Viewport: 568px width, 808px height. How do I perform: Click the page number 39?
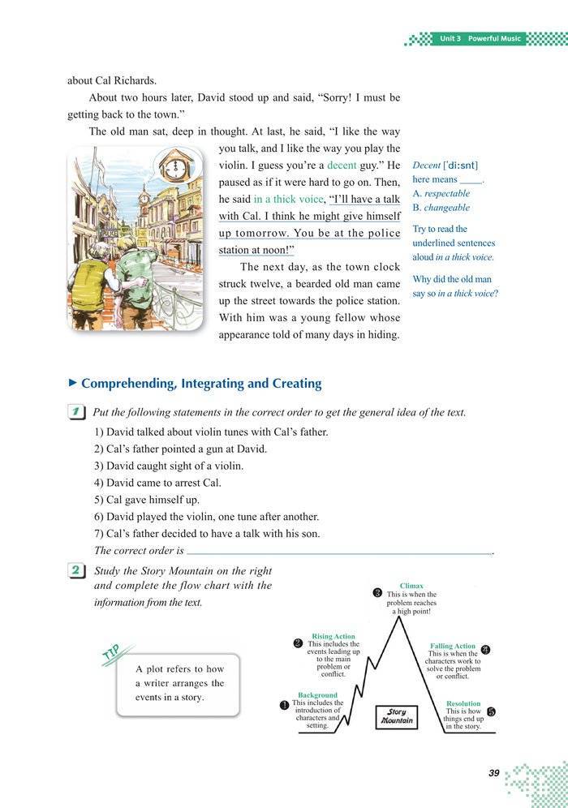493,773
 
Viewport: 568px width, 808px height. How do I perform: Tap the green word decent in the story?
342,165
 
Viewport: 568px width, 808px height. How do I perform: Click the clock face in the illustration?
175,166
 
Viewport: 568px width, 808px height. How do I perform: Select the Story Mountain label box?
397,716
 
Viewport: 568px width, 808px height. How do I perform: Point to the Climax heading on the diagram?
411,585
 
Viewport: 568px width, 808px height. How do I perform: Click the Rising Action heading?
333,637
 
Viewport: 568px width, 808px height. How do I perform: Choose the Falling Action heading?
453,647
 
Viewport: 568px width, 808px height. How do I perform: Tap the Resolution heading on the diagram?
463,703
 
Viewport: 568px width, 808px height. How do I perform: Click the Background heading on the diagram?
317,695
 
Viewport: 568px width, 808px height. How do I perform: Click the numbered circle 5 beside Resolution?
491,711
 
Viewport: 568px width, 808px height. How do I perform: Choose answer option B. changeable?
441,208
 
